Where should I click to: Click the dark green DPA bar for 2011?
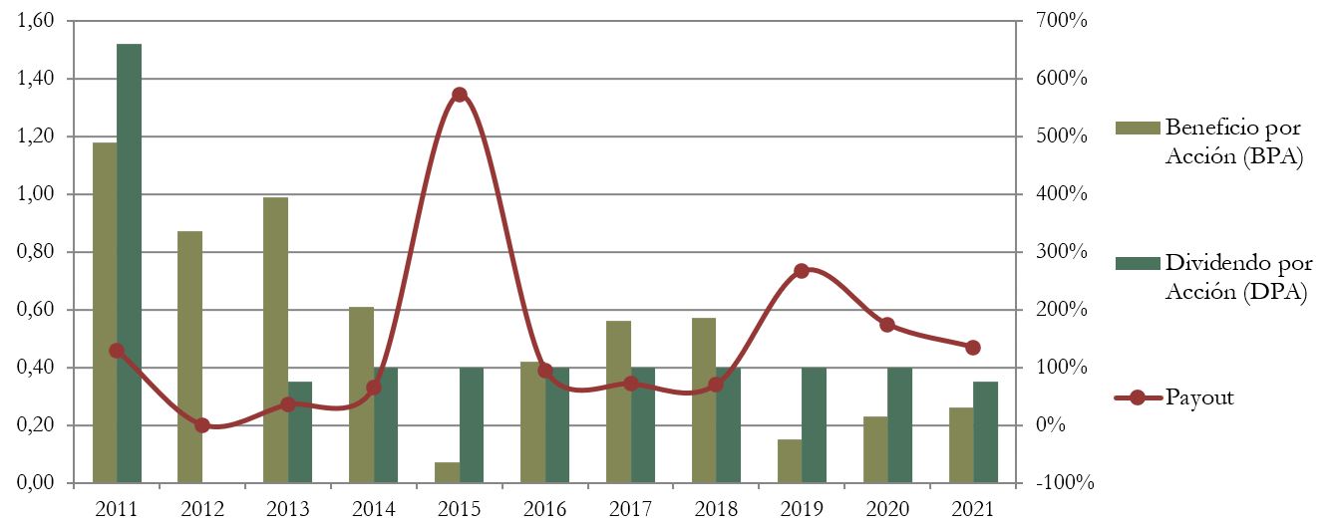[130, 264]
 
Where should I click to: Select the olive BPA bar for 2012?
[190, 357]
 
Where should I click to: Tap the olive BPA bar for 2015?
[448, 473]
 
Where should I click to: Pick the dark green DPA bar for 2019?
[815, 425]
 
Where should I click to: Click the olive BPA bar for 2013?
[276, 340]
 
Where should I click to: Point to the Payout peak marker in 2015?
[460, 95]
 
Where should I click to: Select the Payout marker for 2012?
[202, 425]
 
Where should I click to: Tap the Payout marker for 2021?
[974, 348]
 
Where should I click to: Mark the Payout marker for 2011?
[117, 351]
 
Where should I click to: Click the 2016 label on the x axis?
[544, 509]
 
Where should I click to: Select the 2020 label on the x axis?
[887, 509]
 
